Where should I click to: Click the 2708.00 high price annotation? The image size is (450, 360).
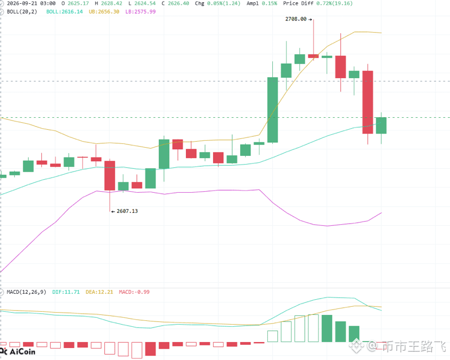296,19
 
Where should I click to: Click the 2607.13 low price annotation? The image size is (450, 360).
127,211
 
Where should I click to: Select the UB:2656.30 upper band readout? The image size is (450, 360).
104,12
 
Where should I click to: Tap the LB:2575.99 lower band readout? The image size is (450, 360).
140,12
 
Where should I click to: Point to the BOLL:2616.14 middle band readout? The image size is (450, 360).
65,12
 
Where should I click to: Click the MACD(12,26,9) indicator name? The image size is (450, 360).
27,292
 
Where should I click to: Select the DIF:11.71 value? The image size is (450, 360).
66,292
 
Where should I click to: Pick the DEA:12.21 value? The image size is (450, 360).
99,292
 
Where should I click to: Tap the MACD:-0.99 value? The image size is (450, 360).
134,292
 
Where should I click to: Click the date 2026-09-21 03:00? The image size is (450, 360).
32,3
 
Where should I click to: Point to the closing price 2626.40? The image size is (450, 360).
178,3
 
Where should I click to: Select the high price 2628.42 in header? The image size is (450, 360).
111,3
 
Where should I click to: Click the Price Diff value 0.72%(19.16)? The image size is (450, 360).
335,3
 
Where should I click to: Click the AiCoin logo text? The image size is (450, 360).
22,352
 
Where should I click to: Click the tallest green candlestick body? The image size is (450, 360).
273,110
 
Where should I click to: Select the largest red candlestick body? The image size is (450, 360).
368,102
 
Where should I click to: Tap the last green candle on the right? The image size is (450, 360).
382,125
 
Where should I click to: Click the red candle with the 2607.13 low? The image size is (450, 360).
110,175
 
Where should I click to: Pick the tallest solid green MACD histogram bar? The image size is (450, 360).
327,329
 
